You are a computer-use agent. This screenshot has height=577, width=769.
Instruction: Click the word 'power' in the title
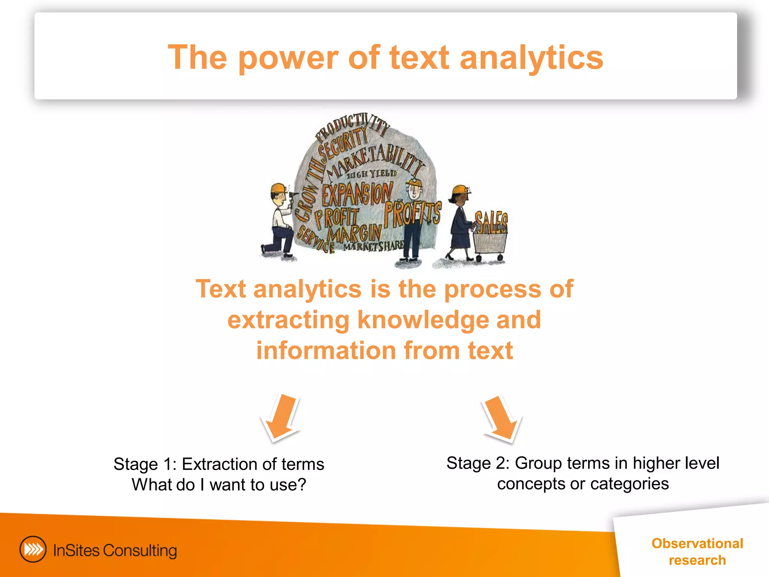288,58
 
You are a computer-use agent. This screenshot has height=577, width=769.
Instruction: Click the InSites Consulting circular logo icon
33,550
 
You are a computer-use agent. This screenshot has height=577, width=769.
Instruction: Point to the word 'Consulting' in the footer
140,551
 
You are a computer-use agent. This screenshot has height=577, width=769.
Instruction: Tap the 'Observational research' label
697,551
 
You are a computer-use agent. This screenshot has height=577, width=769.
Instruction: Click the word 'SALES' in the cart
491,222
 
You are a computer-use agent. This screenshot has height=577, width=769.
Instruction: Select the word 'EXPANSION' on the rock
357,194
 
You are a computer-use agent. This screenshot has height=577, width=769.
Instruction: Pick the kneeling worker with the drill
280,222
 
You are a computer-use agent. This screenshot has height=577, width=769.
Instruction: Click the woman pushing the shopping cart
460,222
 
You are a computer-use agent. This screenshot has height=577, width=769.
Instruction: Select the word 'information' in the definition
326,350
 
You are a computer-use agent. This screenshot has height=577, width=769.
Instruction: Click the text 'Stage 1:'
145,464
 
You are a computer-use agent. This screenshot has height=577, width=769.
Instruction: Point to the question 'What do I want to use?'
219,485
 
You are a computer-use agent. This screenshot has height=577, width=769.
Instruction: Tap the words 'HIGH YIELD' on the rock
371,174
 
